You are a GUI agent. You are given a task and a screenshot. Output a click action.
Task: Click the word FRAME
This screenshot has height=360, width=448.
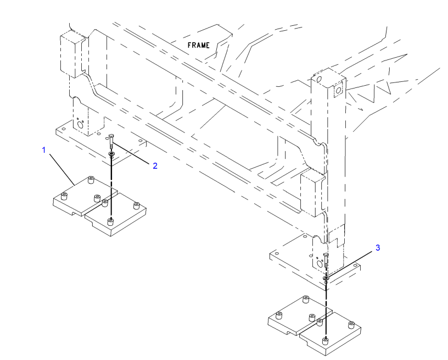pos(198,45)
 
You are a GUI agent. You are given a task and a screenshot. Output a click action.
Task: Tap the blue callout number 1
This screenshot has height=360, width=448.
pos(44,149)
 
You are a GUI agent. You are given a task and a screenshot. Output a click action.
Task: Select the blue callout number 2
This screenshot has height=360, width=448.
pos(155,165)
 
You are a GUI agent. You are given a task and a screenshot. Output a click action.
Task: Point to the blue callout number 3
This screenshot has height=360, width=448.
pos(377,248)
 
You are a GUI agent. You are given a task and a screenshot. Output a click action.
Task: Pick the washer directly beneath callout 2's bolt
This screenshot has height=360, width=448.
pos(111,154)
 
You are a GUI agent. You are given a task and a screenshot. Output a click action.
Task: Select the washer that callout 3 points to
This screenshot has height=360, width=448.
pos(326,279)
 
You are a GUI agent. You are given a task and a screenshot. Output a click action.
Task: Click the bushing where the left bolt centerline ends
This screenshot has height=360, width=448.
pos(111,220)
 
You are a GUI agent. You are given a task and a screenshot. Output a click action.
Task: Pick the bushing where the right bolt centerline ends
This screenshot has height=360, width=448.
pos(326,341)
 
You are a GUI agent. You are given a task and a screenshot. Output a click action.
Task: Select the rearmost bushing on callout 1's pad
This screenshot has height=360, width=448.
pos(91,179)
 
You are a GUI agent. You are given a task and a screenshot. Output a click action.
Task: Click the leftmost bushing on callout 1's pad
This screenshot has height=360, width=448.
pos(65,196)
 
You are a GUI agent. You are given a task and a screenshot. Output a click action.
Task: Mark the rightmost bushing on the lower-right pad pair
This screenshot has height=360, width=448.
pos(352,328)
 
